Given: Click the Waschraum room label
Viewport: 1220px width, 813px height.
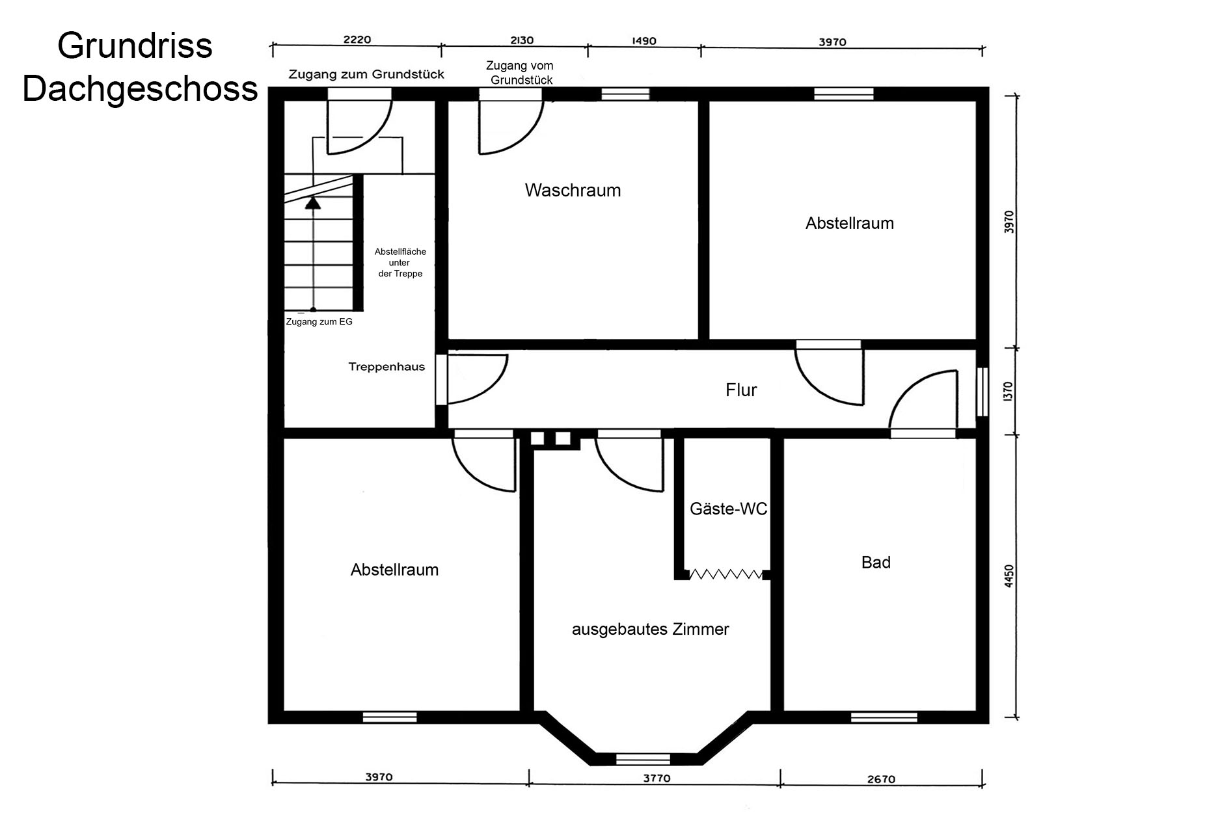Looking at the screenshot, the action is pos(573,191).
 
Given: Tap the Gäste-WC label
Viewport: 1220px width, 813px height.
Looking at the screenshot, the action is pos(729,509).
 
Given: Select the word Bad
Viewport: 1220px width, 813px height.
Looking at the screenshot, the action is pos(876,563).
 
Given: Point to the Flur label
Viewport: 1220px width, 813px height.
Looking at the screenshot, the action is pos(741,390).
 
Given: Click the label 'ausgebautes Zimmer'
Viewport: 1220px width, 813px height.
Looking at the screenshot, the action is pos(651,630).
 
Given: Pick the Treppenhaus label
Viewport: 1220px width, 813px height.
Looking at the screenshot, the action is pos(386,367).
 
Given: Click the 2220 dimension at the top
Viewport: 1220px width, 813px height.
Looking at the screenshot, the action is pos(357,40).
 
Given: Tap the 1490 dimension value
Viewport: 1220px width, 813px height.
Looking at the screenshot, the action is pos(644,41).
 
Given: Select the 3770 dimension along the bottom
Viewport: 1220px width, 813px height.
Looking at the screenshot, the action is pos(657,778).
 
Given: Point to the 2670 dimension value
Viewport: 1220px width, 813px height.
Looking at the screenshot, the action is pos(882,779).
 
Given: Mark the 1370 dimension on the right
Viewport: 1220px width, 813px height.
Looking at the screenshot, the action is pos(1009,392).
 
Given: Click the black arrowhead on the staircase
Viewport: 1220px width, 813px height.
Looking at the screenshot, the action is pos(314,202).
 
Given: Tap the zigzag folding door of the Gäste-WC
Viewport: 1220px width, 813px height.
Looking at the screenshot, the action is pos(726,574).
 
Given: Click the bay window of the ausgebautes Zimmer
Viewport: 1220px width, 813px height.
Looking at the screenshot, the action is pos(643,758).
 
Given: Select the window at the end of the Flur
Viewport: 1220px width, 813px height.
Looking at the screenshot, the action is pos(983,392).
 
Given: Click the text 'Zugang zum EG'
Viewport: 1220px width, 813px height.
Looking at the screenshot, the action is pos(319,322).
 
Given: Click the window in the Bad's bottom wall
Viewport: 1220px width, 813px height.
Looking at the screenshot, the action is pos(884,717).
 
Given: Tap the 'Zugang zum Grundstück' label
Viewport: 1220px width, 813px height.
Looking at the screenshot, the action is pos(366,74).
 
